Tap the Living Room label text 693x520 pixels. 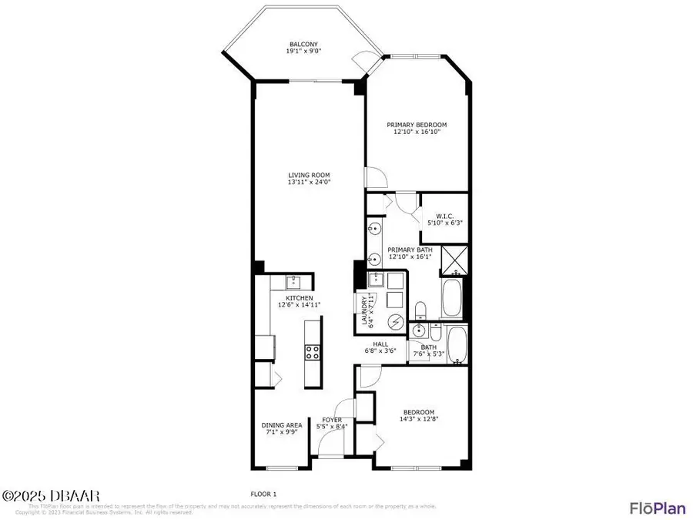pos(309,176)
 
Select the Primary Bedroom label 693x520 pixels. pos(416,125)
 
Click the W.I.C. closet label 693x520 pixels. pos(444,216)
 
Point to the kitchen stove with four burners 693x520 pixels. pos(313,352)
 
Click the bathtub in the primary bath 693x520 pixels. pos(451,299)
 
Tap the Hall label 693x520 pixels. pos(380,344)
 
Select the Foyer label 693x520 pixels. pos(332,420)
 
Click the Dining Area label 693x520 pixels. pos(281,424)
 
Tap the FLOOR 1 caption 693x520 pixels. pos(263,494)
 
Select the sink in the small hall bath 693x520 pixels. pos(420,331)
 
